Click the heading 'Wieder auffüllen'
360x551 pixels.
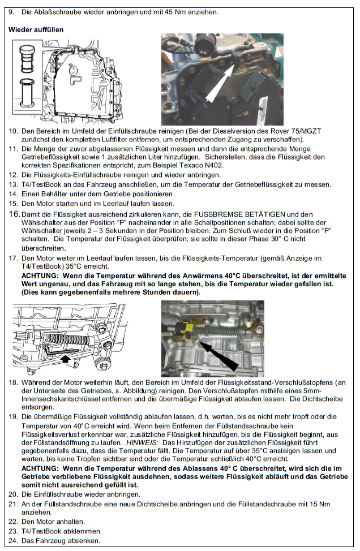pos(35,29)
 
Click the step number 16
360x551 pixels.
pos(13,214)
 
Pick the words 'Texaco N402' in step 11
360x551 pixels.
pos(202,165)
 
